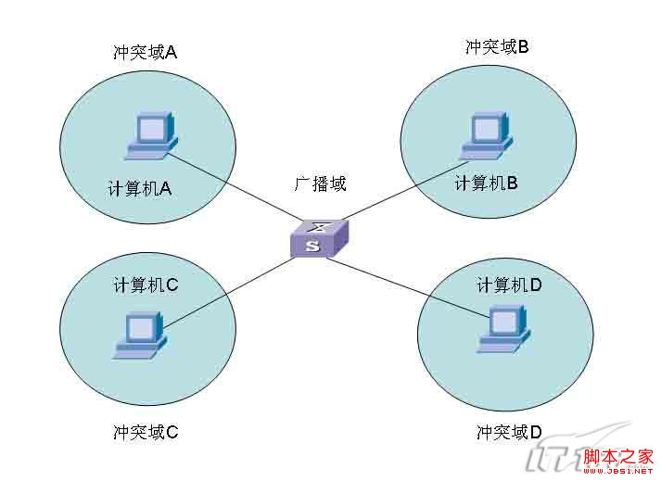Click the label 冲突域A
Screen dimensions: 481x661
tap(145, 52)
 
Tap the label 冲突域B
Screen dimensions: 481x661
tap(497, 45)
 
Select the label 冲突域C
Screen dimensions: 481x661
tap(146, 431)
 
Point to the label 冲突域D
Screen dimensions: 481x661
tap(509, 432)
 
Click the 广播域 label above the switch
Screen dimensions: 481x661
tap(320, 184)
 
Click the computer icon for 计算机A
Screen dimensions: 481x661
tap(150, 133)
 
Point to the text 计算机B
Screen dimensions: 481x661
tap(486, 184)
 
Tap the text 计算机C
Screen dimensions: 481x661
tap(146, 285)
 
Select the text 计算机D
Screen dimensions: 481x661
tap(509, 285)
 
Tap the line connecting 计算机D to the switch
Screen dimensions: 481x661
tap(408, 287)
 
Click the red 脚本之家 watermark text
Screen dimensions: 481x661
tap(620, 456)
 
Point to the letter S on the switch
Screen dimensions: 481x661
tap(312, 247)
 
